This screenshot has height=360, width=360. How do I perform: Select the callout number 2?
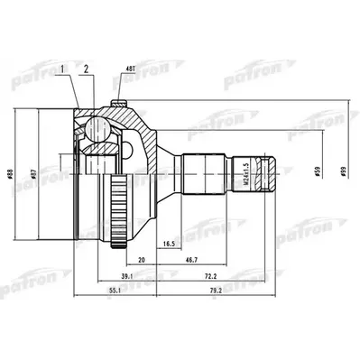click(x=86, y=69)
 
